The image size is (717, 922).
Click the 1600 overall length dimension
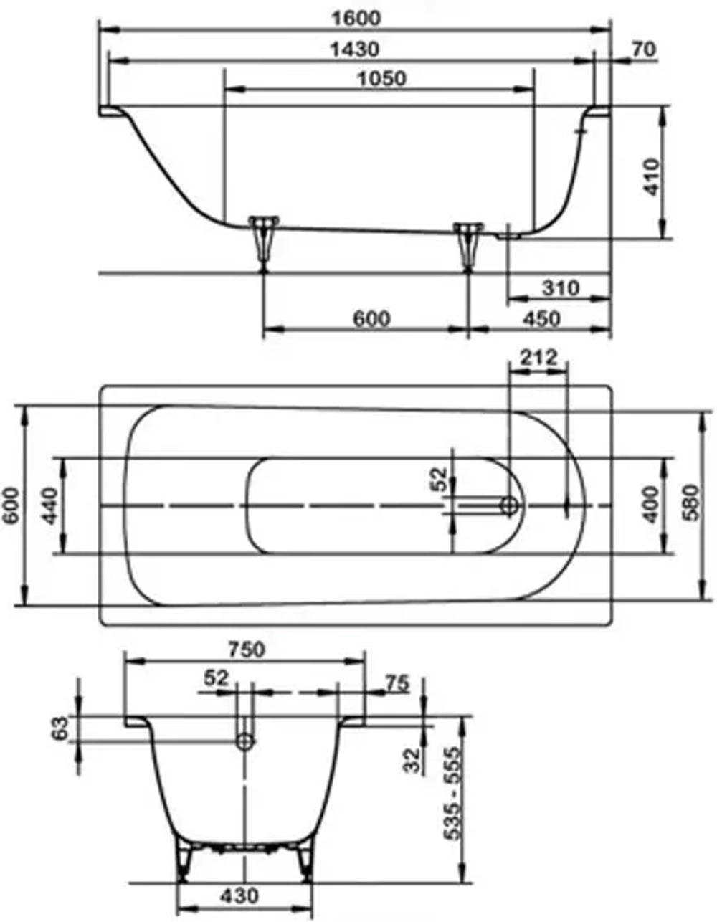click(356, 18)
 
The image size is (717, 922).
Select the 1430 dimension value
click(354, 49)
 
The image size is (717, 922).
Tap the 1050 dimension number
click(381, 78)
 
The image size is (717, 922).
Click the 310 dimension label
click(560, 288)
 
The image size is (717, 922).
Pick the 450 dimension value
click(541, 318)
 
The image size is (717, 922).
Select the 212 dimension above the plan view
click(538, 358)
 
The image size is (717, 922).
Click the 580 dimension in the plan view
click(691, 502)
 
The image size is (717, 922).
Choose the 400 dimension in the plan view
click(652, 505)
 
